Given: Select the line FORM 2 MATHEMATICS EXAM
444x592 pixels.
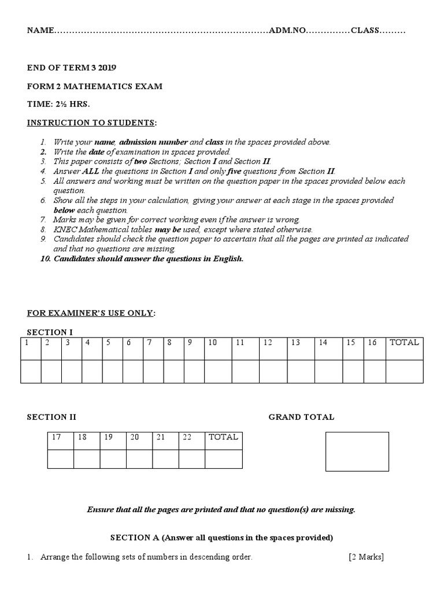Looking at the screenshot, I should (x=95, y=86).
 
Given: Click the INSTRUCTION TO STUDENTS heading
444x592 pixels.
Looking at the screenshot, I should (x=91, y=123).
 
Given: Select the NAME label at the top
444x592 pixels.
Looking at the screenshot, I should (x=40, y=31).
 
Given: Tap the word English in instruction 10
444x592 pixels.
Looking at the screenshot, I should (x=228, y=258).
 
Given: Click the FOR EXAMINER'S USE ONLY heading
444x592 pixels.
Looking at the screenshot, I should (x=91, y=313).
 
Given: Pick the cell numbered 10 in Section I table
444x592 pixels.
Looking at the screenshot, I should (x=212, y=342).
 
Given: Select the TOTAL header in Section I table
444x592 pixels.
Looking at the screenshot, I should (x=404, y=342).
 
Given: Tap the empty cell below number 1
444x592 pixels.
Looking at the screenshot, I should (x=31, y=371).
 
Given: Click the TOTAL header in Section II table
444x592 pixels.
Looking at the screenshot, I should (x=223, y=437).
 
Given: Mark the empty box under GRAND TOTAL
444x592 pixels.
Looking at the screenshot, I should (x=357, y=452).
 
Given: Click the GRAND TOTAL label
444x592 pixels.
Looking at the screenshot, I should (x=301, y=417).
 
